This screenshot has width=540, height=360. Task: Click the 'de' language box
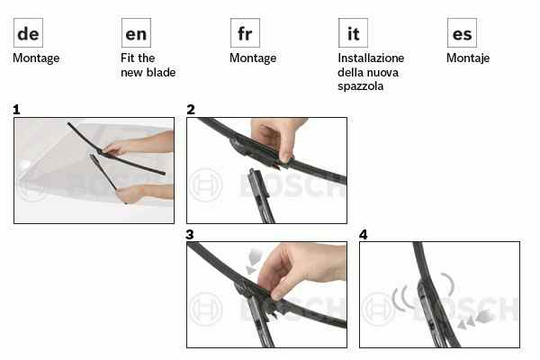coord(28,33)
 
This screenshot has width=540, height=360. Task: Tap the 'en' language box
coord(136,33)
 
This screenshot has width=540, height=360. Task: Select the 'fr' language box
coord(245,33)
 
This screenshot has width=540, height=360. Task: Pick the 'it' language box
coord(353,33)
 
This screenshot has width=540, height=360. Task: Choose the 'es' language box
coord(462,33)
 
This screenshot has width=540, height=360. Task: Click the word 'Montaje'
coord(468,58)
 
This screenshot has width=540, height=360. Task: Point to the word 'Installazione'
coord(371,58)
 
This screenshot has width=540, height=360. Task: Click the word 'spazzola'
coord(361,86)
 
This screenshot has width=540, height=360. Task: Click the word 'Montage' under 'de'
coord(36,58)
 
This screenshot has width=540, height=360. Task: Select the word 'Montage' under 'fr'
coord(253,58)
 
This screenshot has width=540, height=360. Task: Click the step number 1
coord(16,110)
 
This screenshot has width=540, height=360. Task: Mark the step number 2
coord(191,110)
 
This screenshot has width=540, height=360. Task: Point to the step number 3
coord(190,235)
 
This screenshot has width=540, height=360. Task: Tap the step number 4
coord(364,235)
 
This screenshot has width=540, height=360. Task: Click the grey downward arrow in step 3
coord(254,261)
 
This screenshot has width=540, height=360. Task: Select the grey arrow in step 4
coord(474,319)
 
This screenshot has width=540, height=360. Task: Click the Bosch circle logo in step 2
coord(205,185)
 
